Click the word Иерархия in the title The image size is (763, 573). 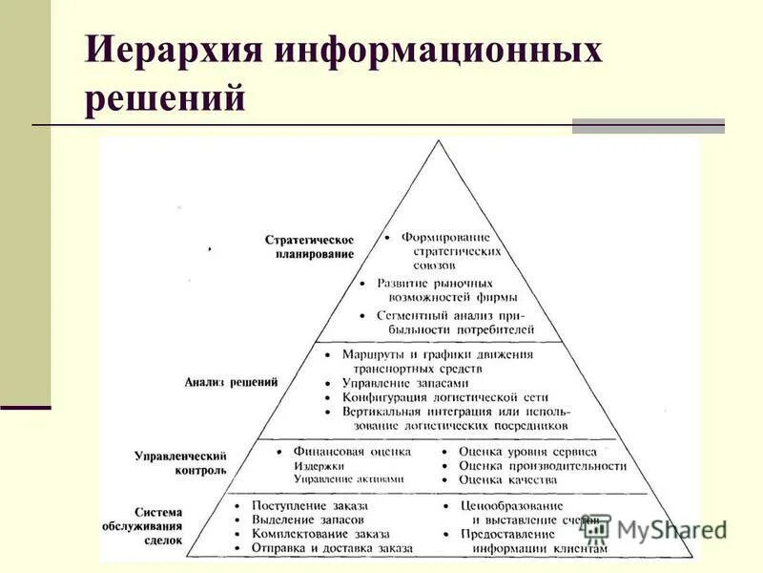pos(173,49)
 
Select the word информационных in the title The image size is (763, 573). pos(440,49)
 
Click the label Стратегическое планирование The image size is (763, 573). pos(309,246)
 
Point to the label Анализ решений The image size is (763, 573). pos(231,382)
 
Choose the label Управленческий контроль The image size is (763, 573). pos(181,462)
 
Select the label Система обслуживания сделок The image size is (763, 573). pos(143,526)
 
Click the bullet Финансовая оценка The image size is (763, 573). pos(343,451)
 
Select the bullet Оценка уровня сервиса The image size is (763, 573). pos(527,451)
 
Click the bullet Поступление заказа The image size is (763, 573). pos(310,505)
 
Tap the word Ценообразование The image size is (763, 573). pos(511,505)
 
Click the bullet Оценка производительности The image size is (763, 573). pos(542,465)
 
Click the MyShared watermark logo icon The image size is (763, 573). pos(595,528)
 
